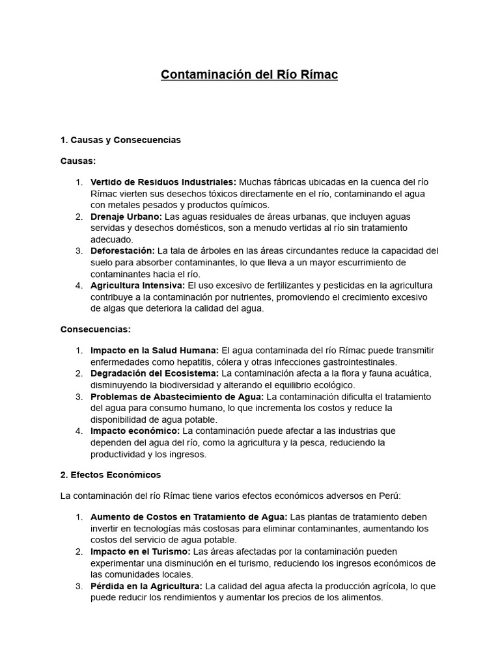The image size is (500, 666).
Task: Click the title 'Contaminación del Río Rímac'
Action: (x=249, y=75)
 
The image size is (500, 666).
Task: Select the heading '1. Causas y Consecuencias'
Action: (x=120, y=140)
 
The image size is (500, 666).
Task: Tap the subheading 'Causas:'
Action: (x=78, y=160)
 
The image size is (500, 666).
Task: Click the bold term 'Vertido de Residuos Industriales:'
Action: (x=163, y=182)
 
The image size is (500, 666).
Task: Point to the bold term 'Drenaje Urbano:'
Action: (x=126, y=217)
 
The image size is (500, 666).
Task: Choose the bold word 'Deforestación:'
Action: (x=122, y=251)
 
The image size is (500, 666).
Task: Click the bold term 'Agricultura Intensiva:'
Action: (x=137, y=286)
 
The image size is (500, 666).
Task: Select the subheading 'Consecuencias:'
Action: (x=96, y=330)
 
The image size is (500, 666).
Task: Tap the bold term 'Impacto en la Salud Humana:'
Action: (x=154, y=351)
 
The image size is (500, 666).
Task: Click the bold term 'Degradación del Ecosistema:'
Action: (x=155, y=373)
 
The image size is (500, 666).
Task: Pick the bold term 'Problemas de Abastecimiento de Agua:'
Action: (x=177, y=397)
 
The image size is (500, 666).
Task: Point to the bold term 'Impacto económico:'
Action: (x=135, y=431)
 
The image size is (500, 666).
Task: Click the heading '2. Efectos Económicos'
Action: (x=111, y=475)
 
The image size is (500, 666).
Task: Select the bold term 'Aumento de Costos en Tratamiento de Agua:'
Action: (x=188, y=517)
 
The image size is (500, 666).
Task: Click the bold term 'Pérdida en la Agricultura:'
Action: (x=146, y=586)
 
